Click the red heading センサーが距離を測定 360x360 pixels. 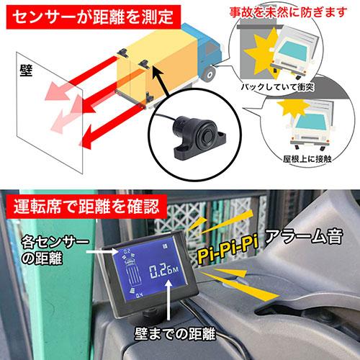click(x=93, y=16)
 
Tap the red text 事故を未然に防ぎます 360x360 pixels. click(x=288, y=12)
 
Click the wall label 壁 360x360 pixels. click(x=26, y=71)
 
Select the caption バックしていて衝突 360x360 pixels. click(x=278, y=87)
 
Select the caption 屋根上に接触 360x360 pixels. click(x=307, y=159)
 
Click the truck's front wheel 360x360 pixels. click(x=208, y=73)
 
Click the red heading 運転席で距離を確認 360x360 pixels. click(x=86, y=207)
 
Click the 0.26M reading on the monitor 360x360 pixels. click(x=164, y=271)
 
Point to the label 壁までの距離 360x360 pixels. click(x=175, y=333)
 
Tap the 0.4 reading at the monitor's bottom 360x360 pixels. click(x=140, y=295)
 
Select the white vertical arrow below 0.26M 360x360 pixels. click(x=169, y=300)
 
